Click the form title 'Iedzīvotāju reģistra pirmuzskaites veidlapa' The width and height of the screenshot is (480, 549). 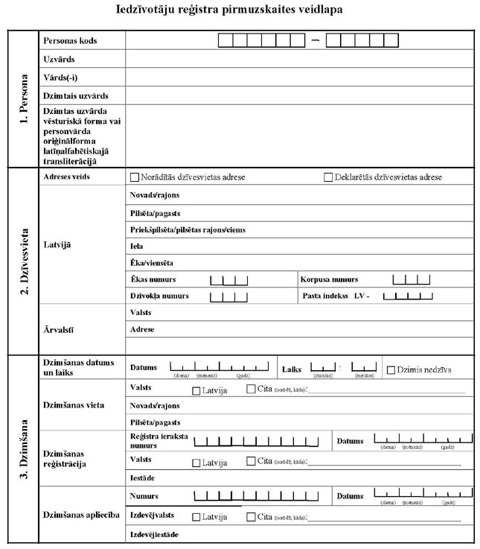[240, 10]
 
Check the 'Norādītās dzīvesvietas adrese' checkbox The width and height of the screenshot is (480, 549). [135, 177]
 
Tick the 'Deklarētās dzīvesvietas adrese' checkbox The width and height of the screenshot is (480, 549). [328, 177]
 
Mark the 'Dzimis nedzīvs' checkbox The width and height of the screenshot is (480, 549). [391, 369]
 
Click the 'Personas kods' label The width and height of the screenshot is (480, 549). [70, 40]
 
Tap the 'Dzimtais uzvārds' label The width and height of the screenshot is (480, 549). [76, 96]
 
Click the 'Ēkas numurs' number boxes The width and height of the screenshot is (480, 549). [228, 280]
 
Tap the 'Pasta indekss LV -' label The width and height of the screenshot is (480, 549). [336, 296]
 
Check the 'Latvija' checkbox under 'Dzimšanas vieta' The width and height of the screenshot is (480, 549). [196, 390]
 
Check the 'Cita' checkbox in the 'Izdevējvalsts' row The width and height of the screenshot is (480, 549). [251, 515]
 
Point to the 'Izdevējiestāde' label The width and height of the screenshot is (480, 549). [155, 535]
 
